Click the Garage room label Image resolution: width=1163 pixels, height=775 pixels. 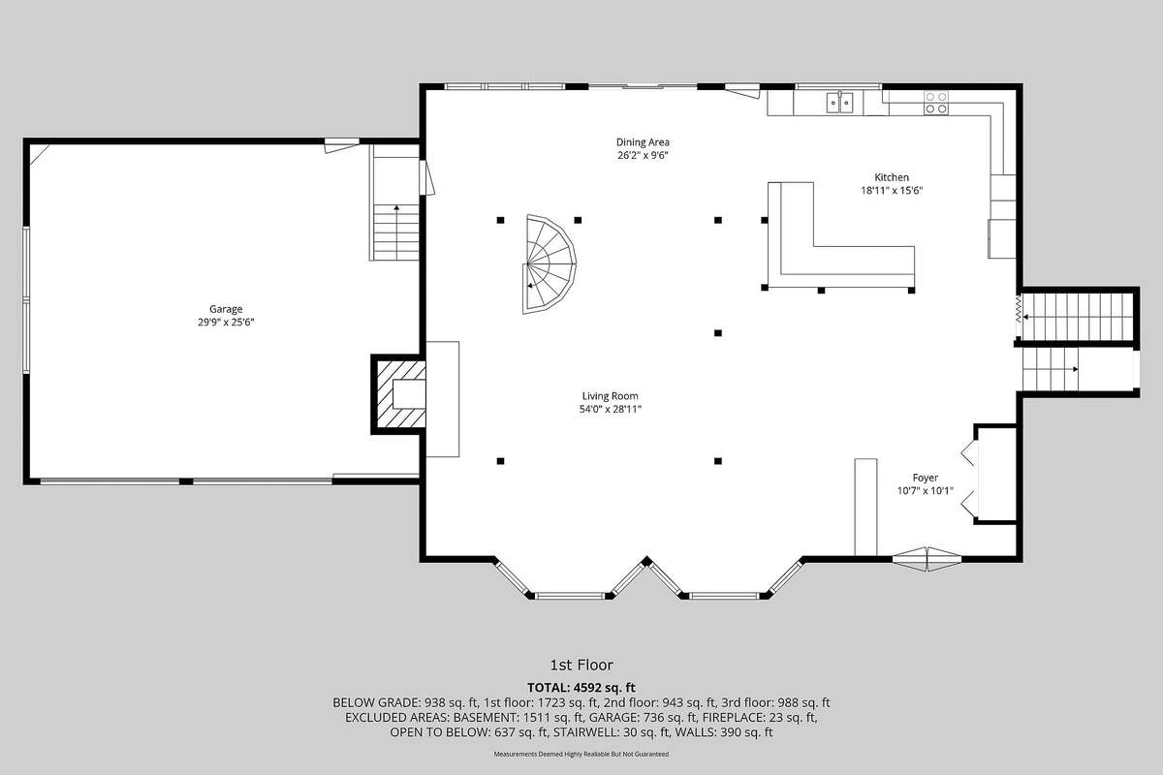click(226, 309)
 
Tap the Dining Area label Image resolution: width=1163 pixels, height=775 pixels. click(643, 141)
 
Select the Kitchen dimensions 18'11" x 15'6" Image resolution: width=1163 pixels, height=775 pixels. click(892, 191)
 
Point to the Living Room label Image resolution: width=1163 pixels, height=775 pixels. click(610, 396)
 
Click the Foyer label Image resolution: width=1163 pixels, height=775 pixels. click(926, 478)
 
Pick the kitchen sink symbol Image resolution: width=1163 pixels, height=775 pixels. click(839, 103)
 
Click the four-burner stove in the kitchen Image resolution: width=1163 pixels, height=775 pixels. click(935, 103)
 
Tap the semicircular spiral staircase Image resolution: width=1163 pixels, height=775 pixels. click(549, 264)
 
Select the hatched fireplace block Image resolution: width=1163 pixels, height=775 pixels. click(398, 394)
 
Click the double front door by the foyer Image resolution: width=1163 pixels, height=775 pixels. click(927, 559)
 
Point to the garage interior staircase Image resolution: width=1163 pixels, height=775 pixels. click(396, 232)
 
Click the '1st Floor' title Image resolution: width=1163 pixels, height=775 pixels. click(581, 665)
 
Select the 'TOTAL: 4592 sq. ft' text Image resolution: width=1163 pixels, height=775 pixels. click(581, 688)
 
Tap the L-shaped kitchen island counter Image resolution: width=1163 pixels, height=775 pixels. click(841, 235)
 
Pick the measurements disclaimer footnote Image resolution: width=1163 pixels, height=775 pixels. click(581, 754)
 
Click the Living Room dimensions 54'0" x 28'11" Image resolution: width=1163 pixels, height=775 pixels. click(610, 409)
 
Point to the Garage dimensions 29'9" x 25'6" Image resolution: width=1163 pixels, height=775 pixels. click(226, 323)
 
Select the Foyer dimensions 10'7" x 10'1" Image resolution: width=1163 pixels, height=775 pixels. click(926, 490)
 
